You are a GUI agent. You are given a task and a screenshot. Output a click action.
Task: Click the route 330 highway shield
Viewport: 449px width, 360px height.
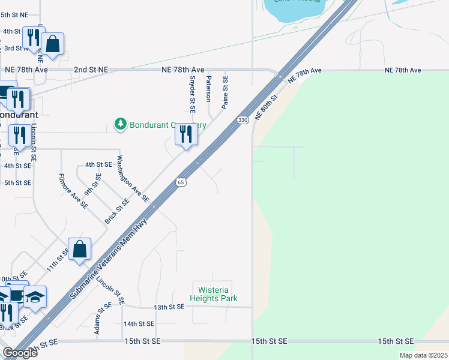(x=243, y=120)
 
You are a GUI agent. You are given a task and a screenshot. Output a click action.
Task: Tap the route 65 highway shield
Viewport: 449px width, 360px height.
(x=180, y=182)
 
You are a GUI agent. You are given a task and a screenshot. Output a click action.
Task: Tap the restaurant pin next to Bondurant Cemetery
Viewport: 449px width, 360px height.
(x=186, y=134)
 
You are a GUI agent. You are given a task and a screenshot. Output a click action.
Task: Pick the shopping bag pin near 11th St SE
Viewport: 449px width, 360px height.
(x=80, y=249)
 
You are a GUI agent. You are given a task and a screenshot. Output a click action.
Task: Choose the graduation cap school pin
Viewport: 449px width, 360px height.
(x=35, y=297)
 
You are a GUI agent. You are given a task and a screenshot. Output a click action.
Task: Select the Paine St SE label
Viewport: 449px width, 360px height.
(x=225, y=91)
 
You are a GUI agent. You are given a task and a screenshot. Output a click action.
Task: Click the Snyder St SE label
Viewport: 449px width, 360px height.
(x=193, y=94)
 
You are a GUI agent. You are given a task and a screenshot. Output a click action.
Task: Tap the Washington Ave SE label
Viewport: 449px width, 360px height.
(x=133, y=179)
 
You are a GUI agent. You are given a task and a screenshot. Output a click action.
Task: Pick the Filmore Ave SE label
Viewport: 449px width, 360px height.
(x=74, y=191)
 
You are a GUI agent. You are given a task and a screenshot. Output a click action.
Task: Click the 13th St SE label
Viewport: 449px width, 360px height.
(x=169, y=307)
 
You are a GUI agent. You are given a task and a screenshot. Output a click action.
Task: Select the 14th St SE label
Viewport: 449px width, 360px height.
(x=139, y=324)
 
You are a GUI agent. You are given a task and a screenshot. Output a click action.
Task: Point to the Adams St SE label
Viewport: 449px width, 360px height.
(x=100, y=319)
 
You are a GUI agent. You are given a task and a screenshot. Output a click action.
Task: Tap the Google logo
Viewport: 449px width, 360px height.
(x=20, y=353)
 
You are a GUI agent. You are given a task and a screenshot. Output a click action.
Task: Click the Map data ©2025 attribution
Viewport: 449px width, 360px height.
(x=423, y=355)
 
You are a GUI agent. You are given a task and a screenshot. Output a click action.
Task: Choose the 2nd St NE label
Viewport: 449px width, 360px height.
(x=91, y=70)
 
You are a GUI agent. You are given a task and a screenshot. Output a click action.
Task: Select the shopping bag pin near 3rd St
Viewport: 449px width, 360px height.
(x=52, y=44)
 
